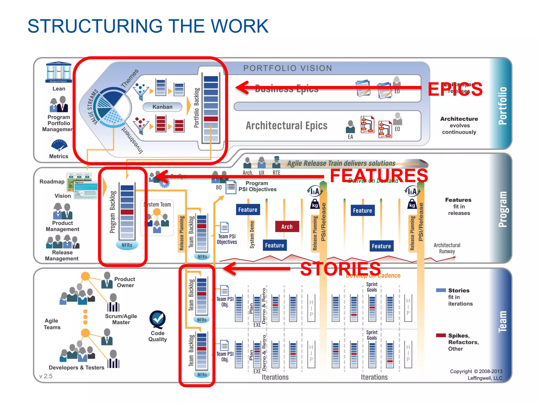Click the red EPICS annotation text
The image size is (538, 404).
455,89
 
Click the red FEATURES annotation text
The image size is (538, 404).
379,176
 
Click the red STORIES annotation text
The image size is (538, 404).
340,269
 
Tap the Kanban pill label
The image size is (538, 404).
162,107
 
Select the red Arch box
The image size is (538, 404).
287,226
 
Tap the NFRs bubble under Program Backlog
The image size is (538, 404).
127,245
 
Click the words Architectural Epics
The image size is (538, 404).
286,125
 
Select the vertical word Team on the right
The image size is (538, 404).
502,321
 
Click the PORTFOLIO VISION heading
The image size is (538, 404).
288,68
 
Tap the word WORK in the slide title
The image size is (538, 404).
240,26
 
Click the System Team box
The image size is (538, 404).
157,217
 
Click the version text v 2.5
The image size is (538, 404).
46,376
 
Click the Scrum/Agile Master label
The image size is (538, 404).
121,319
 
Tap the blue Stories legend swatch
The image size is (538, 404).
441,290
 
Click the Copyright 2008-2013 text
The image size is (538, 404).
476,371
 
